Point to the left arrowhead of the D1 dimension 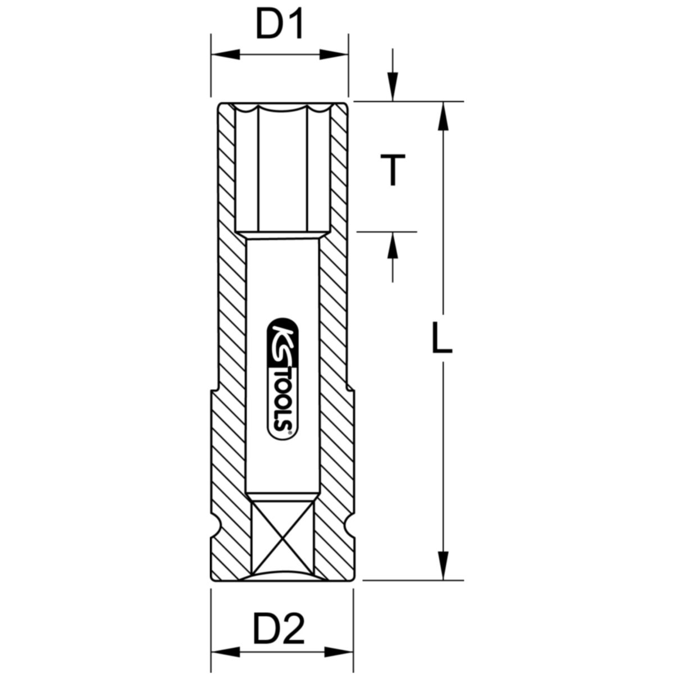(x=224, y=54)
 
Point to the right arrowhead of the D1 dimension (x=335, y=54)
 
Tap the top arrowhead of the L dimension (x=444, y=115)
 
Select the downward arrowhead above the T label (x=393, y=88)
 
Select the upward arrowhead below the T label (x=393, y=245)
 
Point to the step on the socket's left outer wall (x=215, y=389)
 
